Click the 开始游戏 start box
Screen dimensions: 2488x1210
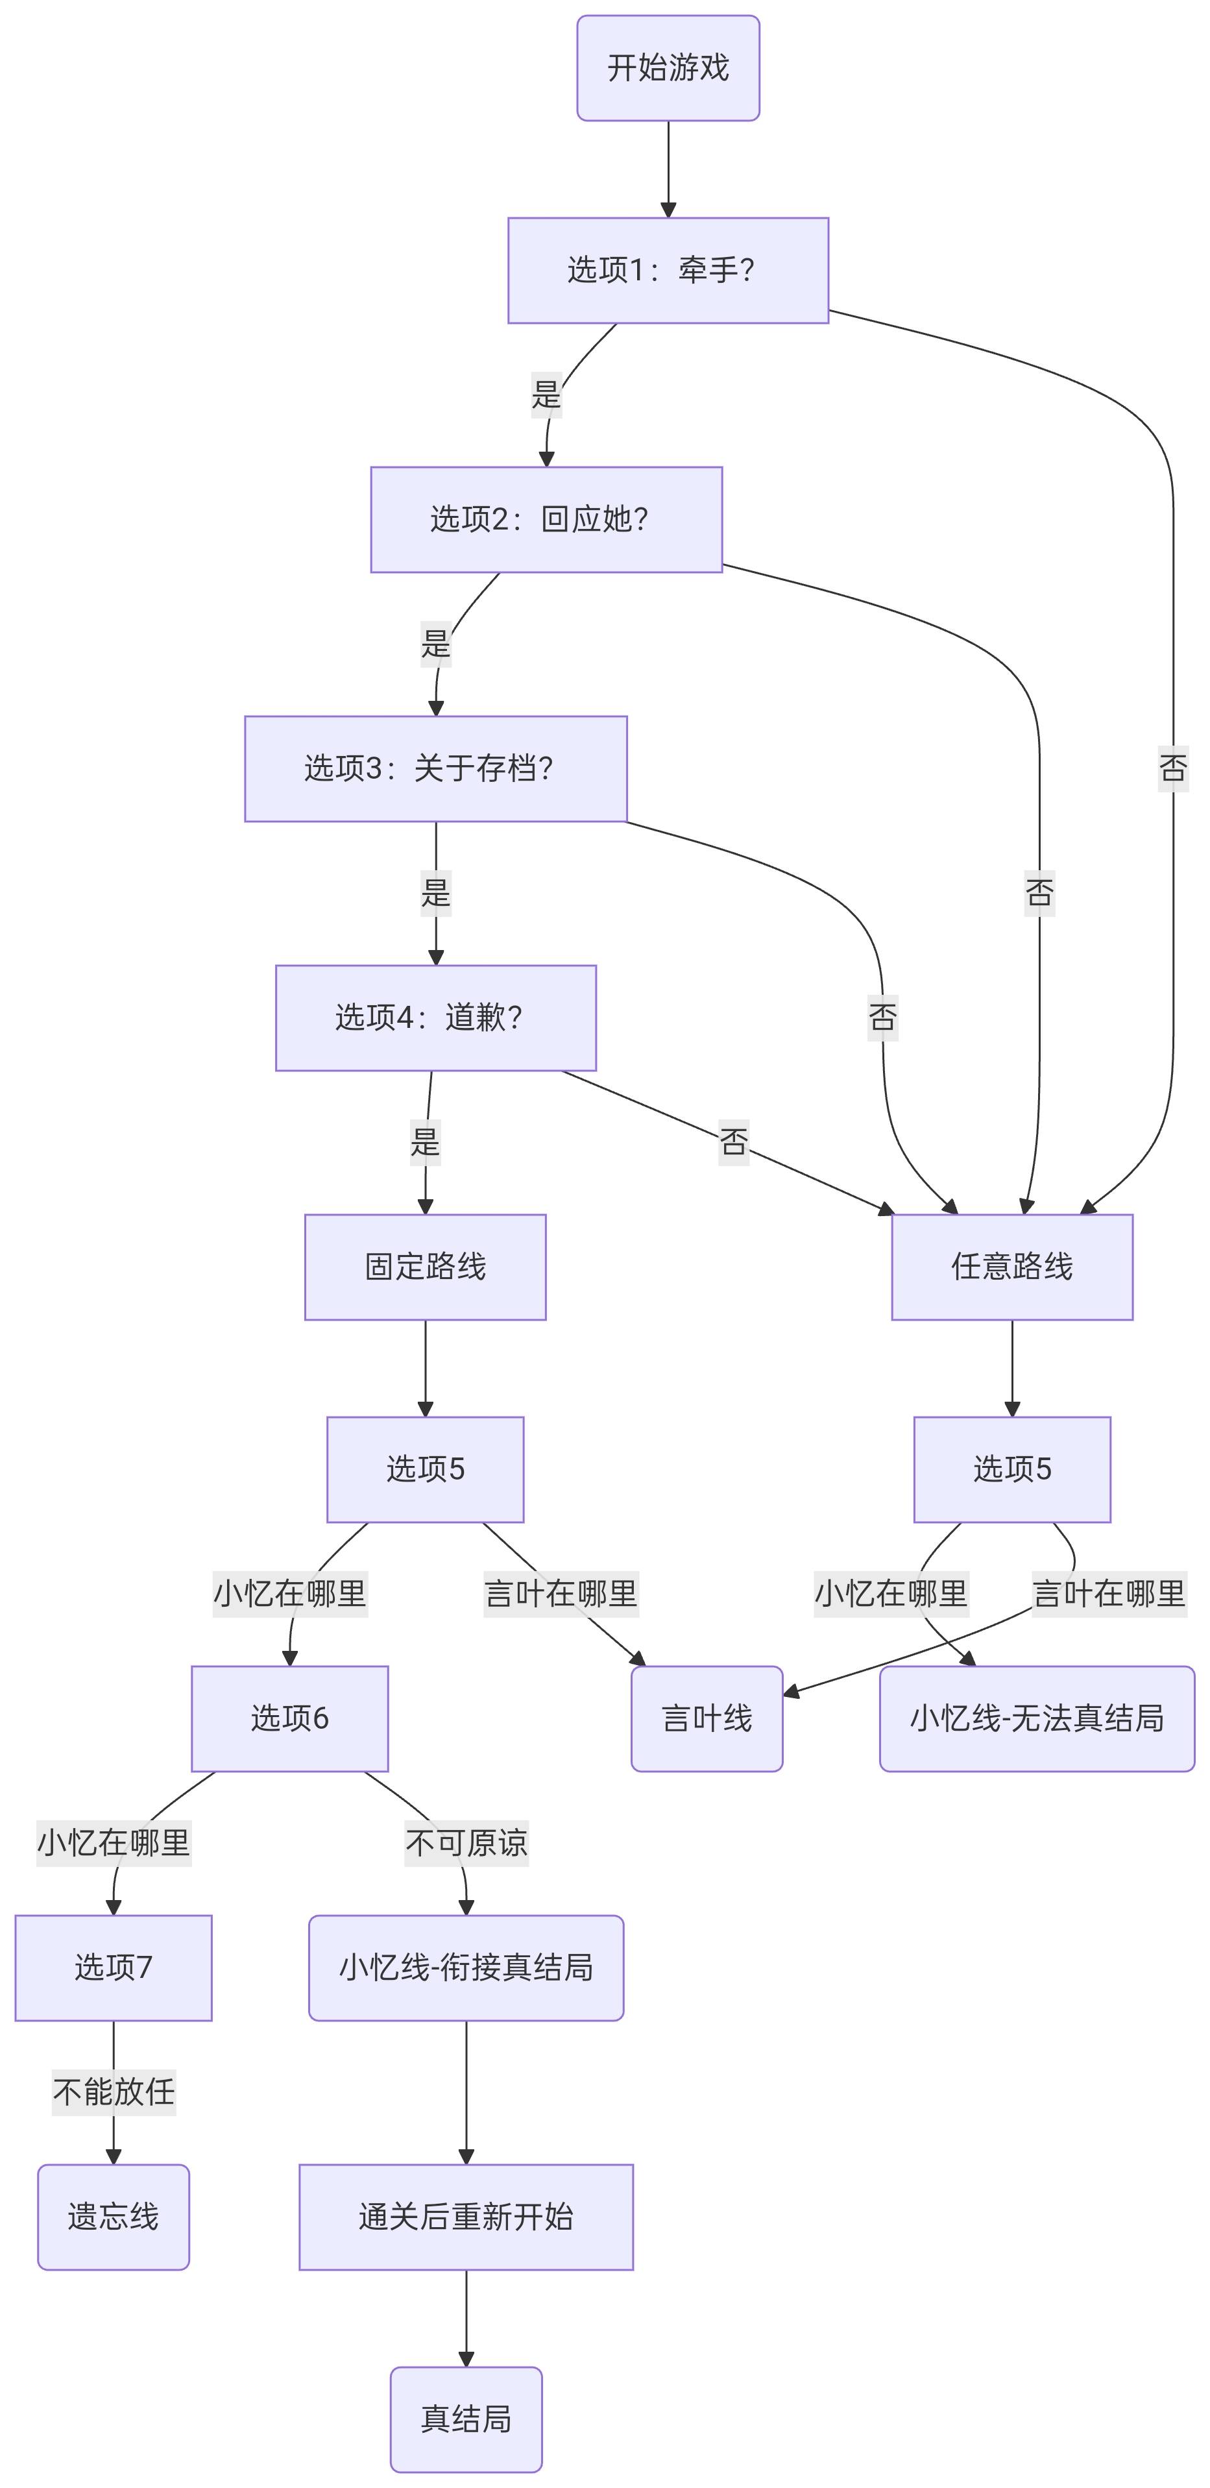tap(668, 67)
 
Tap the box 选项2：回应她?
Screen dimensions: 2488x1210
tap(546, 520)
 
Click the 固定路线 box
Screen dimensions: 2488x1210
tap(425, 1267)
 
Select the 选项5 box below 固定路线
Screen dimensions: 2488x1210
tap(425, 1469)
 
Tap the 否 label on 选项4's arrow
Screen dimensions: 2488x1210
tap(733, 1141)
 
